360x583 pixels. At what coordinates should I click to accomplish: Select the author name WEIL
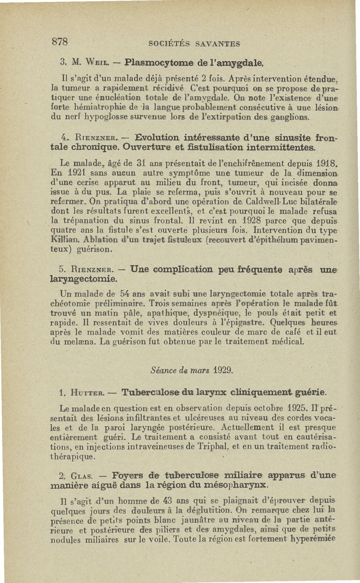[x=93, y=61]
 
